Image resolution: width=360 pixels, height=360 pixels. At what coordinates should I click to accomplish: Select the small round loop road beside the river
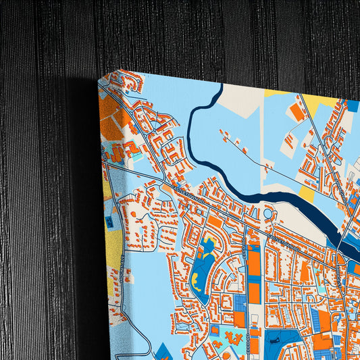point(268,215)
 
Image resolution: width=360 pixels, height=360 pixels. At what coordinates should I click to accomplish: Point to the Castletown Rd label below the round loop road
point(284,240)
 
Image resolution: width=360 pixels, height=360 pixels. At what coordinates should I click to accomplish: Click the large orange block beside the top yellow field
point(297,113)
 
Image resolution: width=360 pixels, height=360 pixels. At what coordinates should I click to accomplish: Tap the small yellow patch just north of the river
point(306,195)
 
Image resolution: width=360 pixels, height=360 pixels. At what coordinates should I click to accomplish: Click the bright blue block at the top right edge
point(353,106)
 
